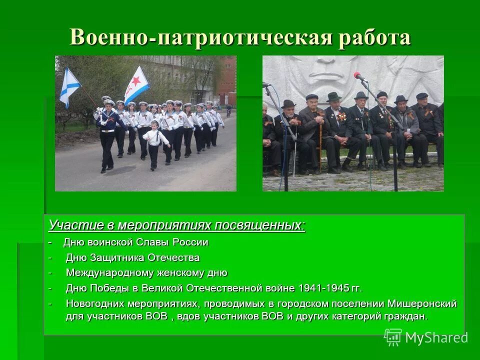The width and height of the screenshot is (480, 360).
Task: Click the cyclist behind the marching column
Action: [228, 111]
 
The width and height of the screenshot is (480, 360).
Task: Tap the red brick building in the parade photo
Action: [228, 80]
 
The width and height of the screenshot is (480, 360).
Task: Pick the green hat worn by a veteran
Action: [333, 96]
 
